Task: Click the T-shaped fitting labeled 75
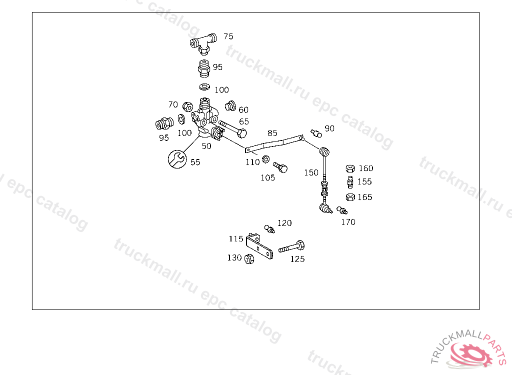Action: (x=203, y=43)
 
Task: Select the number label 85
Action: (x=272, y=133)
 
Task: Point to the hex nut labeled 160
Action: (x=350, y=168)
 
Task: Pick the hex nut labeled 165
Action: (x=350, y=197)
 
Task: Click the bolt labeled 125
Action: (x=292, y=246)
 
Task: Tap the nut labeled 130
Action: (x=248, y=258)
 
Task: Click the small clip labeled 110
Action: (x=265, y=159)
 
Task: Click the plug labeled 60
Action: (x=230, y=106)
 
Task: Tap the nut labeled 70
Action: (x=188, y=106)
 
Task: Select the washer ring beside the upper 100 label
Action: (x=204, y=87)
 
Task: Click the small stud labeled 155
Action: (x=350, y=181)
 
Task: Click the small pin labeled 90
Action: (x=315, y=132)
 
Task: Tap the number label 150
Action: (x=311, y=172)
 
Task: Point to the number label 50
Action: (x=206, y=146)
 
